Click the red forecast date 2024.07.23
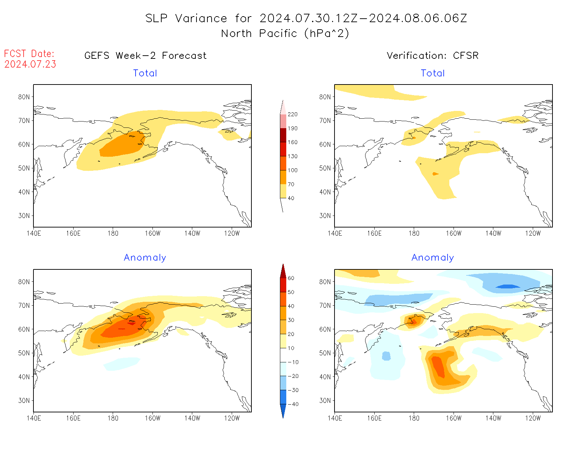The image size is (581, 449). (30, 64)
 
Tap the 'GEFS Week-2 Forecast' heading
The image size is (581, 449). (145, 56)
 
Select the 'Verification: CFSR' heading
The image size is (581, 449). (432, 56)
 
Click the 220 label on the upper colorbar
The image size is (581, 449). (292, 114)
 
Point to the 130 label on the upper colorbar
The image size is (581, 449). (292, 156)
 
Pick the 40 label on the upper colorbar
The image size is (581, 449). (291, 198)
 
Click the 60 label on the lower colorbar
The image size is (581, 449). (291, 278)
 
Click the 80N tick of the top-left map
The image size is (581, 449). (24, 97)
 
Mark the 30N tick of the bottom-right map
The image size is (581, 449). (325, 400)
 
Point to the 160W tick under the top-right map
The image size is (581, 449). (454, 233)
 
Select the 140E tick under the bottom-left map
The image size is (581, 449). (33, 418)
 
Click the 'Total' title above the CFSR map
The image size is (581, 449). (433, 73)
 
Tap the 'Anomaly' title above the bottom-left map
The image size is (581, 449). (145, 258)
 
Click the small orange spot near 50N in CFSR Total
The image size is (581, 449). (436, 174)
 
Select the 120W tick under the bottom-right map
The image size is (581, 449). (533, 418)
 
